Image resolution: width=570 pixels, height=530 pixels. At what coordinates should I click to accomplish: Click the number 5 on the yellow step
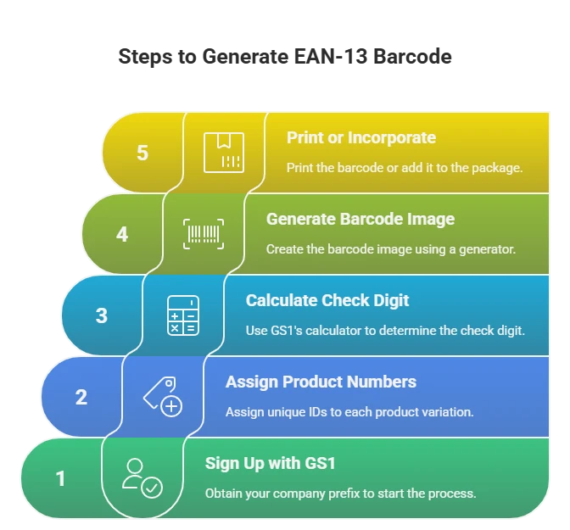[x=142, y=153]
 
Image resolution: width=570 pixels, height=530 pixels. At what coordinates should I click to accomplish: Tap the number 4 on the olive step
[x=122, y=234]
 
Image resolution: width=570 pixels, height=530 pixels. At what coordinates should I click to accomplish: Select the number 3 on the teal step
[x=102, y=315]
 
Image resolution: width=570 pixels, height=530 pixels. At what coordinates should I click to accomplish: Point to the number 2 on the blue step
[x=81, y=397]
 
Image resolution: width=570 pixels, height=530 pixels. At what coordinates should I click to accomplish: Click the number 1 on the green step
[x=61, y=478]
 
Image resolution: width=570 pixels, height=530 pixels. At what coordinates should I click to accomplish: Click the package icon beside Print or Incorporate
[x=224, y=153]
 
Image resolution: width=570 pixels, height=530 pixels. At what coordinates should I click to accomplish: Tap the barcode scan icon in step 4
[x=204, y=234]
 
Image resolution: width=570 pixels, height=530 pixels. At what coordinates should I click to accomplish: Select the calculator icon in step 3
[x=183, y=315]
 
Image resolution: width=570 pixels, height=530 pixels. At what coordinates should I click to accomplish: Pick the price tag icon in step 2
[x=162, y=397]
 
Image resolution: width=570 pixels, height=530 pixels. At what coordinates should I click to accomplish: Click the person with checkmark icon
[x=142, y=478]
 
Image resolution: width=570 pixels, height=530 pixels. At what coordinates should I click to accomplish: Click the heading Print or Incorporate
[x=361, y=137]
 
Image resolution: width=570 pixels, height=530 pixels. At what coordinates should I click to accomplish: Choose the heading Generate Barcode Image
[x=360, y=219]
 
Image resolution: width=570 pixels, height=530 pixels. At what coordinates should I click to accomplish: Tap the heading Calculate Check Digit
[x=327, y=300]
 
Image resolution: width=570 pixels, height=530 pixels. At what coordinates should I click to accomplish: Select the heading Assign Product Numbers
[x=321, y=382]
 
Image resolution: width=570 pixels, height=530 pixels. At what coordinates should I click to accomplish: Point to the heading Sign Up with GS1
[x=271, y=463]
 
